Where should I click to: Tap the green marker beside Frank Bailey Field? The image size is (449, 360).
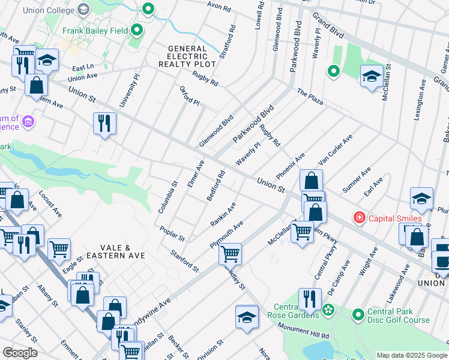[137, 29]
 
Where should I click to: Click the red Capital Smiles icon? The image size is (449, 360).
[360, 217]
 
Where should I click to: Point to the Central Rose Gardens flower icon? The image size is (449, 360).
[328, 310]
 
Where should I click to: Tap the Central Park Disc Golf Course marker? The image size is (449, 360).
[358, 314]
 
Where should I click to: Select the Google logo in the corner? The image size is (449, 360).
[20, 353]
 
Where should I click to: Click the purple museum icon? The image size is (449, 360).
[28, 123]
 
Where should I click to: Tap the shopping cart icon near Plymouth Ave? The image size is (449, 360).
[230, 253]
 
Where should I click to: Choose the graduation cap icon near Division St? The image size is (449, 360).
[247, 317]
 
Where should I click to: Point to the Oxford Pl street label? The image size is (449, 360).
[189, 95]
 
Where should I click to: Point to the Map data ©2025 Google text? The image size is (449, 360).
[412, 355]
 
